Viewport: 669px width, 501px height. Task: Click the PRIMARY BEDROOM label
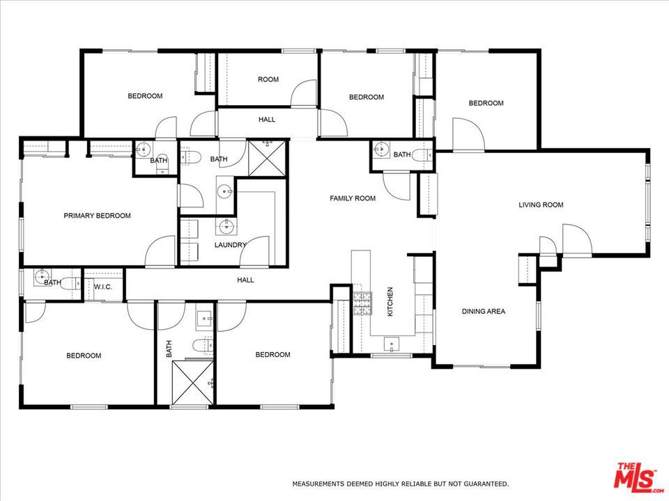point(98,216)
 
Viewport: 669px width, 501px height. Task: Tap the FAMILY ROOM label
point(353,198)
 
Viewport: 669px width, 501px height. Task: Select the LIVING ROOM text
point(541,205)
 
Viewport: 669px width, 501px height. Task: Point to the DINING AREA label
point(484,312)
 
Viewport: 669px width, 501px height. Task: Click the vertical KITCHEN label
point(390,301)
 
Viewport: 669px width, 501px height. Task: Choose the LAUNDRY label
point(231,245)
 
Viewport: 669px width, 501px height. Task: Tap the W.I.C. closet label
point(103,287)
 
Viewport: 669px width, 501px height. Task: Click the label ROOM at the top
point(268,79)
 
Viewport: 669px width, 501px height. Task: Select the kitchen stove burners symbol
point(362,303)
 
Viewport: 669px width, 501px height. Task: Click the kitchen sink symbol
point(391,344)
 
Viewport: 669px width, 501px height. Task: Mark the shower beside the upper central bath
point(267,159)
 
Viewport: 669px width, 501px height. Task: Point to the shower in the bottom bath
point(192,383)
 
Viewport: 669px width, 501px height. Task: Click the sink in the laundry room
point(226,226)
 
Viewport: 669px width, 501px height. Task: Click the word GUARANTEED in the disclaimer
point(486,484)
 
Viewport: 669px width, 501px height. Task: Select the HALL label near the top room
point(267,120)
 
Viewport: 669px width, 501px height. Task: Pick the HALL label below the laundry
point(245,280)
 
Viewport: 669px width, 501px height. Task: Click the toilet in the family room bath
point(422,155)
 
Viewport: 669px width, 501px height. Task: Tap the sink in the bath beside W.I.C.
point(43,277)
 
